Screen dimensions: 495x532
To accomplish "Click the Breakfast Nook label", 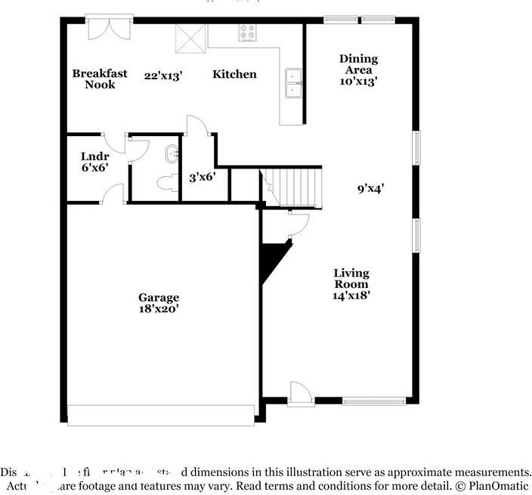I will (100, 79).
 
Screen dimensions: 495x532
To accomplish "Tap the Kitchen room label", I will (234, 74).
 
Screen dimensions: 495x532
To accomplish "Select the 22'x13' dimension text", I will (164, 75).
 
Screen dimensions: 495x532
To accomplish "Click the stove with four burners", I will (247, 32).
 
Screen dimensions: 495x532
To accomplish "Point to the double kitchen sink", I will (292, 82).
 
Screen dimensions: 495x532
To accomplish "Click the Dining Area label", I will (358, 64).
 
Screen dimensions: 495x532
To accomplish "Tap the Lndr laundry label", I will (95, 157).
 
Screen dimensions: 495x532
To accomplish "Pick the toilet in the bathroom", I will (167, 181).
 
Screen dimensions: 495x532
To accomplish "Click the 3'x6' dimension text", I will (203, 177).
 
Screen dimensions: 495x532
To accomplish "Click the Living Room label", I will (351, 278).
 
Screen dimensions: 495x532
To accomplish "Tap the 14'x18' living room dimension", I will (351, 295).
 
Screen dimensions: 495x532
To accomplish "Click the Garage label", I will (159, 297).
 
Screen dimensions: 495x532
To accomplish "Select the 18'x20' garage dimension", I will (159, 308).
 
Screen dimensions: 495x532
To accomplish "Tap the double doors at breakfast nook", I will (109, 28).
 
